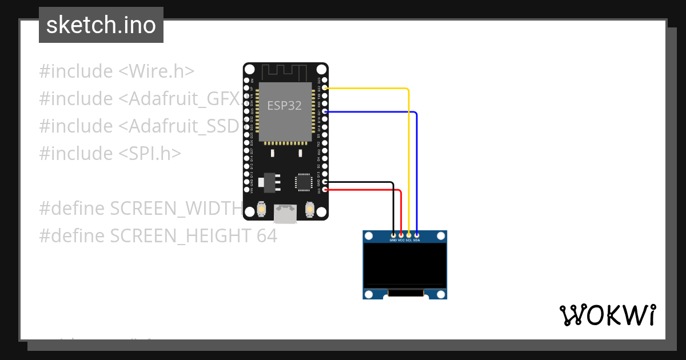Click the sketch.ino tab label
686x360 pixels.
click(x=101, y=25)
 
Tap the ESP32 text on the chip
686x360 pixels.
click(x=284, y=106)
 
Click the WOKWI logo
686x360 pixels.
click(x=607, y=315)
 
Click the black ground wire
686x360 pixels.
click(x=360, y=182)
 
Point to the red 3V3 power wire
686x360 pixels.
click(x=366, y=190)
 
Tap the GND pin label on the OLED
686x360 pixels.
click(x=393, y=241)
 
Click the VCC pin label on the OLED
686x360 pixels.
click(x=401, y=241)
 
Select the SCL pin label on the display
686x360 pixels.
click(x=409, y=241)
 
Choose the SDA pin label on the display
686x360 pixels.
click(x=417, y=241)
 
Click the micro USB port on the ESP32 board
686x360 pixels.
click(x=285, y=214)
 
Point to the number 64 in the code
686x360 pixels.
click(x=266, y=235)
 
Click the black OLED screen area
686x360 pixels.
click(x=405, y=263)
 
